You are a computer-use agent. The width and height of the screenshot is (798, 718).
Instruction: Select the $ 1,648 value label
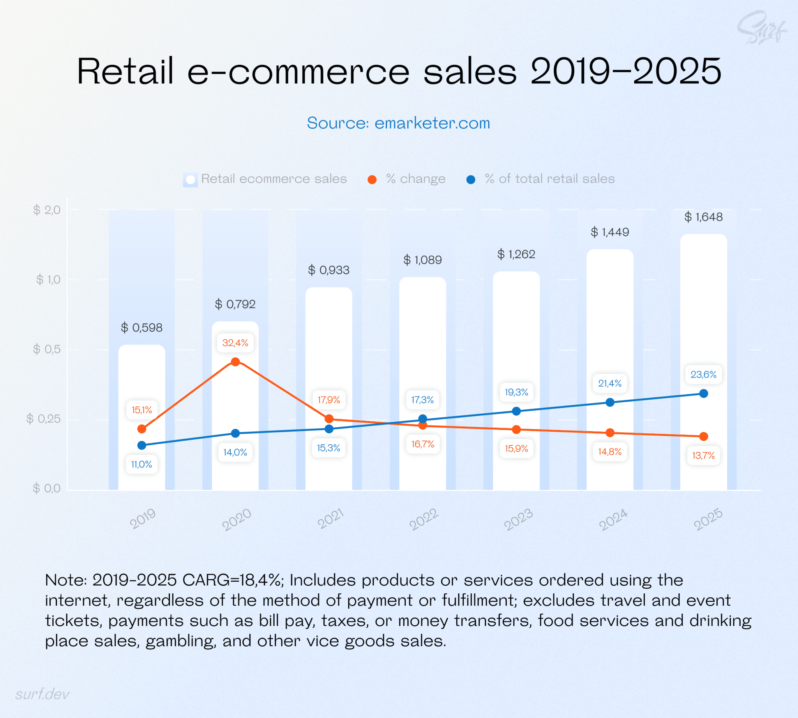pyautogui.click(x=703, y=217)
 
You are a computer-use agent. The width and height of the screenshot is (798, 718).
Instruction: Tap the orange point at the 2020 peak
pyautogui.click(x=235, y=362)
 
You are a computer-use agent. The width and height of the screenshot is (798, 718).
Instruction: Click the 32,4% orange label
pyautogui.click(x=235, y=342)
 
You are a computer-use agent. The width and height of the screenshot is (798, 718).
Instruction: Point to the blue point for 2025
pyautogui.click(x=703, y=393)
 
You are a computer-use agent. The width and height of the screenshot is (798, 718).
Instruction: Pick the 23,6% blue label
pyautogui.click(x=703, y=374)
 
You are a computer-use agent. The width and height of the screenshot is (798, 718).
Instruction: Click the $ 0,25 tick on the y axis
pyautogui.click(x=43, y=418)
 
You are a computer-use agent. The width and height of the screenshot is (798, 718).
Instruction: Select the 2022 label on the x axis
pyautogui.click(x=424, y=519)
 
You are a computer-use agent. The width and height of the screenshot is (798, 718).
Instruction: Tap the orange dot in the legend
pyautogui.click(x=372, y=180)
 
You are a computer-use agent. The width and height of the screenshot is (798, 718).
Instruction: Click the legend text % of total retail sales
pyautogui.click(x=549, y=179)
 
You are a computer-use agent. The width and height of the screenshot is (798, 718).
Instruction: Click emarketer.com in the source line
pyautogui.click(x=432, y=123)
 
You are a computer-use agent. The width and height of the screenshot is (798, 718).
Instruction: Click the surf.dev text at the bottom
pyautogui.click(x=42, y=694)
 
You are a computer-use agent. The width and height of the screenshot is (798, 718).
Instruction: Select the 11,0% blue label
pyautogui.click(x=141, y=464)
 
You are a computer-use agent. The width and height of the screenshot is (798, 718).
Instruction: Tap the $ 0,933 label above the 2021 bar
pyautogui.click(x=329, y=270)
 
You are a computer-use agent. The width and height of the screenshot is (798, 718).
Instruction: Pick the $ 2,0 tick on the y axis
pyautogui.click(x=47, y=210)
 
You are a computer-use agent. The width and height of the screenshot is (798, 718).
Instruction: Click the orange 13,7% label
pyautogui.click(x=703, y=455)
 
